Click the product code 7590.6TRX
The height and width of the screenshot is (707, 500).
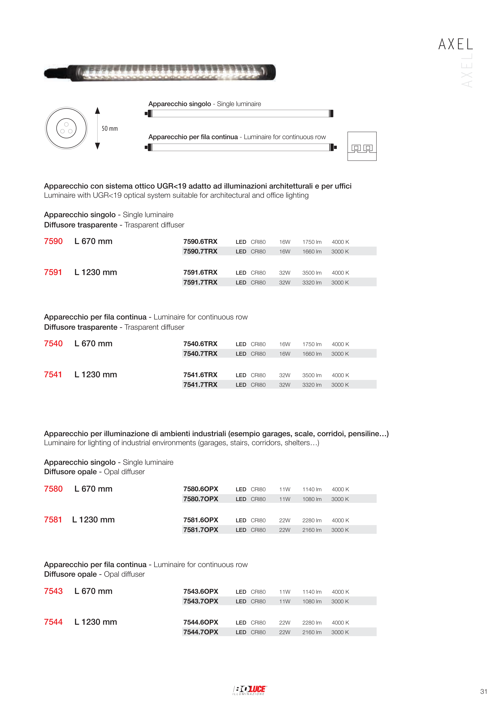coord(200,242)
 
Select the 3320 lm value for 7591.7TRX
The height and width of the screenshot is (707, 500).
coord(312,283)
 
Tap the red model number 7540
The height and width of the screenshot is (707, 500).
coord(53,344)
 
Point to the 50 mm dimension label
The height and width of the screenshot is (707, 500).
coord(110,129)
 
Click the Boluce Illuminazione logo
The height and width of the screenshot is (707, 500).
coord(249,690)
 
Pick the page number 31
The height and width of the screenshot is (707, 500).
coord(484,692)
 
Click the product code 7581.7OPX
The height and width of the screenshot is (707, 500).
coord(201,530)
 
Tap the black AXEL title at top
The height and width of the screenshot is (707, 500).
coord(456,44)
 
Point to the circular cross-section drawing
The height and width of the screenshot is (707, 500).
coord(66,128)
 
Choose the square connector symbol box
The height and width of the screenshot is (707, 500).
coord(362,146)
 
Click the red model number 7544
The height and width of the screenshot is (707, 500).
coord(53,622)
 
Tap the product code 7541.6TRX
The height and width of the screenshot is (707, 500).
coord(200,375)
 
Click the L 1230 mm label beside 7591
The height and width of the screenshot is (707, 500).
coord(96,272)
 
